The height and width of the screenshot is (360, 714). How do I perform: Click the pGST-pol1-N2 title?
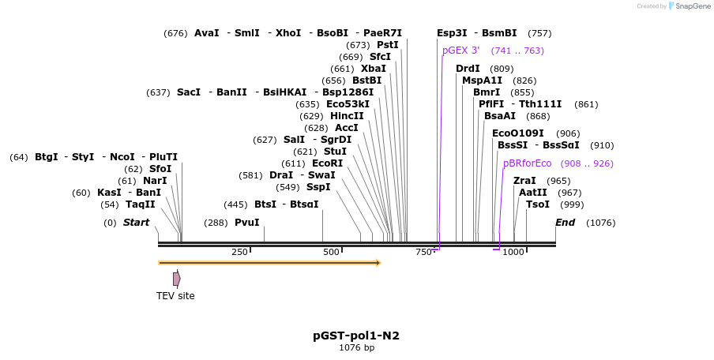tap(356, 336)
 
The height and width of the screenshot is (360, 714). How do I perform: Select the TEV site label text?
tap(175, 296)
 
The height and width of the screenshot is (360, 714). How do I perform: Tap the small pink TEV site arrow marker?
tap(177, 279)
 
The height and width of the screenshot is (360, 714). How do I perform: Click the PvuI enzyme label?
tap(246, 223)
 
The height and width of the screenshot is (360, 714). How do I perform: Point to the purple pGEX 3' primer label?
tap(460, 51)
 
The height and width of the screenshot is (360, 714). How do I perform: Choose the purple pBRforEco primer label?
tap(527, 163)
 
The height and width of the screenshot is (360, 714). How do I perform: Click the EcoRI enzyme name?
tap(328, 163)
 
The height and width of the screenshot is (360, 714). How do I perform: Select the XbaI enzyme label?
tap(374, 69)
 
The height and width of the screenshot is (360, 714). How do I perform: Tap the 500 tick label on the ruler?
tap(331, 252)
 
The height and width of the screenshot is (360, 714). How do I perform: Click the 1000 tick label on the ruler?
tap(513, 252)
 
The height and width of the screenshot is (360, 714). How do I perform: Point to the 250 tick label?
tap(239, 252)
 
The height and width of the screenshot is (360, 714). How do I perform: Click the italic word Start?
tap(136, 223)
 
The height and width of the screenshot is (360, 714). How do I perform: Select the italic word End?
tap(566, 223)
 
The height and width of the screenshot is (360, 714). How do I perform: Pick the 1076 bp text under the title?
tap(356, 347)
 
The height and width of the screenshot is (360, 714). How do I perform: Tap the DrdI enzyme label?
tap(468, 69)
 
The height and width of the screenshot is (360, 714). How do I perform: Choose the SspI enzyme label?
tap(318, 187)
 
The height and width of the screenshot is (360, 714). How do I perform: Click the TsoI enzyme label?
tap(538, 204)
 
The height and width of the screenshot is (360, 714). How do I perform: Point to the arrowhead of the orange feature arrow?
tap(378, 262)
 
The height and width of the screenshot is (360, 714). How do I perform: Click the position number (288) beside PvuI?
tap(216, 223)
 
